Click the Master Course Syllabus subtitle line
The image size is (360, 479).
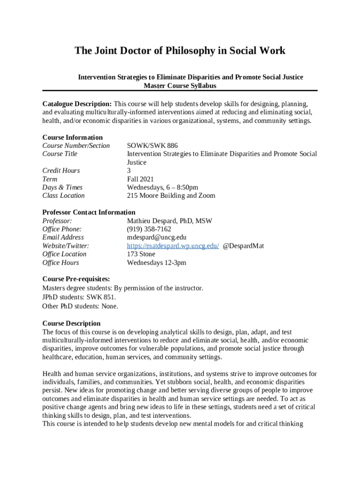coord(180,86)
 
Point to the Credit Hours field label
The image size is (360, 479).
coord(61,170)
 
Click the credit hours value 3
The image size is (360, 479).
coord(129,170)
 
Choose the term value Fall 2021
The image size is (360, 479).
coord(140,179)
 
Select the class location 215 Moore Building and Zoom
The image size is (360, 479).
coord(171,196)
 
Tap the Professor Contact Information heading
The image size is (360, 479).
coord(89,212)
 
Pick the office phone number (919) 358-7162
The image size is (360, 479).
coord(149,229)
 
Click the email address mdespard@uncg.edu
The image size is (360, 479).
coord(157,237)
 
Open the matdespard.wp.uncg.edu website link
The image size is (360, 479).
coord(173,246)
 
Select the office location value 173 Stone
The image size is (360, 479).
coord(141,254)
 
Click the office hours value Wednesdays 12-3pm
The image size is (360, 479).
coord(157,262)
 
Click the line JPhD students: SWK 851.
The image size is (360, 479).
coord(79,297)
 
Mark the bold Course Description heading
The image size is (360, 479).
coord(72,323)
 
